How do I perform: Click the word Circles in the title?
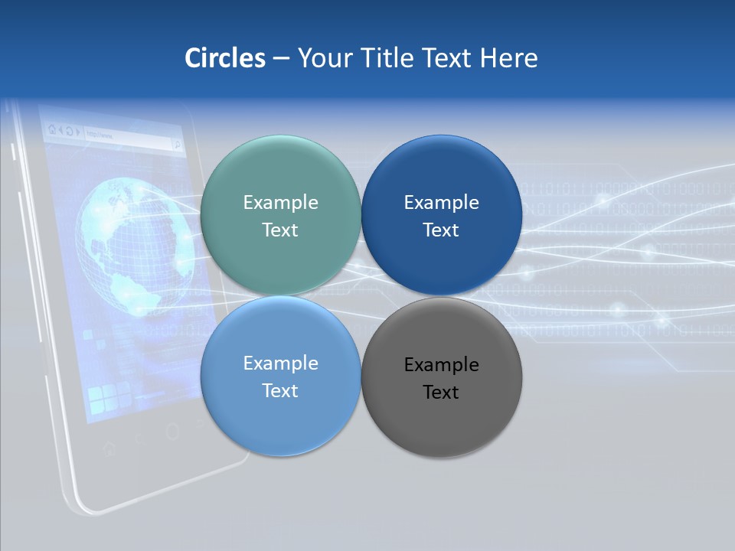pos(224,57)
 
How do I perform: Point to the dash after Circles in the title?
pos(281,59)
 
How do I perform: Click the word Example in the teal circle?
pos(280,202)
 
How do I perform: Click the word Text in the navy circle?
pos(441,230)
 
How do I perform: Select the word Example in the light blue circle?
pos(280,363)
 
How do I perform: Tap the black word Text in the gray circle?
pos(441,392)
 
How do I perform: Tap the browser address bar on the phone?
pos(126,138)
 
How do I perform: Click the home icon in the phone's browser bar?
pos(51,129)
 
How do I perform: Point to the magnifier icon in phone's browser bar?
pos(177,143)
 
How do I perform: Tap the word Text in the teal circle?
pos(280,230)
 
